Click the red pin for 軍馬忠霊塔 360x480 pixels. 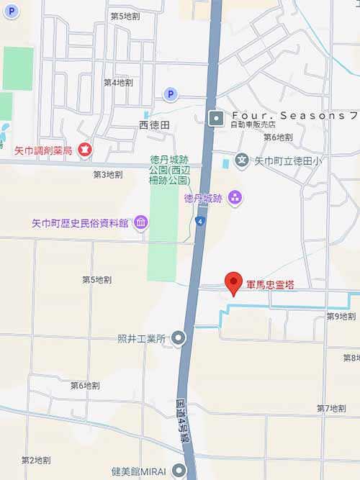[x=232, y=284]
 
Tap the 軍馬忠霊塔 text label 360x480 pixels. [x=270, y=285]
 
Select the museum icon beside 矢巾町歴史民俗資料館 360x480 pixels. [x=141, y=222]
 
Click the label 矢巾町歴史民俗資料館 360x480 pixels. [x=80, y=223]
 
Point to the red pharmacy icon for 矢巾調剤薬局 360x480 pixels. [x=85, y=150]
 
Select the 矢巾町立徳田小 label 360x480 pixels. [x=288, y=162]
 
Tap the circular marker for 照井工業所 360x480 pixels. [x=179, y=338]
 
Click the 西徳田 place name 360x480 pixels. [x=153, y=125]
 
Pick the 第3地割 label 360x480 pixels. [x=108, y=174]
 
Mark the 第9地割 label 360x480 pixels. [x=341, y=317]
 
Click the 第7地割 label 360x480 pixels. [x=331, y=408]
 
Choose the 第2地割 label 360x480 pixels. [x=36, y=459]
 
